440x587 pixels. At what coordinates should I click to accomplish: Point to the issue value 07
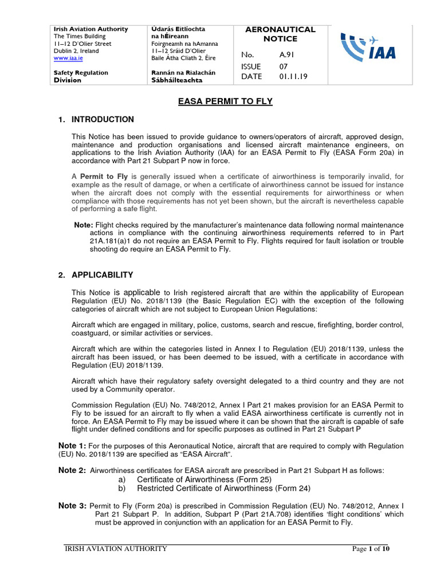point(284,66)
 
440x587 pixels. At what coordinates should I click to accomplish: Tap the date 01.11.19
point(293,76)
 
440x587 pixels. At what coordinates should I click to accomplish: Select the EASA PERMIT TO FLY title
point(219,101)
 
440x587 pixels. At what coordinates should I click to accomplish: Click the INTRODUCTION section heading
point(103,120)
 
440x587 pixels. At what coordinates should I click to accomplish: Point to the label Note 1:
point(73,446)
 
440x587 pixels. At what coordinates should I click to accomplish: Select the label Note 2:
point(73,471)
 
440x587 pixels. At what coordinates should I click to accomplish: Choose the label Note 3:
point(73,506)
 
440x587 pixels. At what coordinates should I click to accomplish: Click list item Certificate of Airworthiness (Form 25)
point(204,479)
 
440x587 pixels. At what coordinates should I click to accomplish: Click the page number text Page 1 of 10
point(371,549)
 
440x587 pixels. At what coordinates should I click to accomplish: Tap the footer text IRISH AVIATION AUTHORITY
point(115,549)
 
